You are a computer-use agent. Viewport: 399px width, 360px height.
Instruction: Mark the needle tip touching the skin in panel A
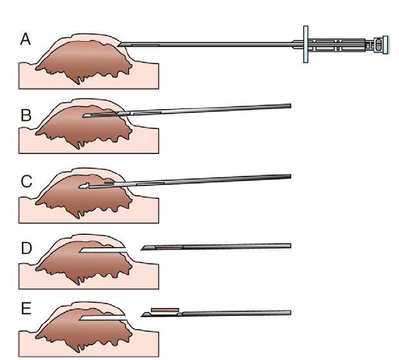(x=121, y=44)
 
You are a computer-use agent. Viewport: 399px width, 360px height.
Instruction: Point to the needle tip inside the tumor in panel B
(x=85, y=116)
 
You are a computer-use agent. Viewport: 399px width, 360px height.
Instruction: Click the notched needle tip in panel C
(x=82, y=186)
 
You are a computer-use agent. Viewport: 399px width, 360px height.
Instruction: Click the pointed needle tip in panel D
(x=143, y=250)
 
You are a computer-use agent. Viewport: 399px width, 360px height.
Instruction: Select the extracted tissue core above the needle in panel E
(x=164, y=309)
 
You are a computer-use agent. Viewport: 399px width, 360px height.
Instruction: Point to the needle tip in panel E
(x=143, y=315)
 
